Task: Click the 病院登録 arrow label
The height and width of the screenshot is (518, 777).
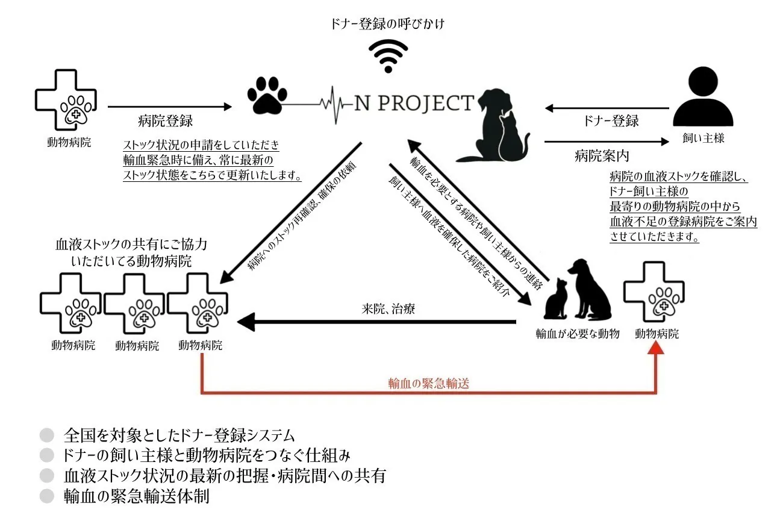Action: (x=165, y=120)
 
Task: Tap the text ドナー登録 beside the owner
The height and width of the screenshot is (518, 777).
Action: (x=611, y=120)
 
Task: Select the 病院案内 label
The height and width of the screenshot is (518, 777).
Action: (x=602, y=156)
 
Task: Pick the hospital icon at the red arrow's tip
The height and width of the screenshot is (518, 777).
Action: (x=654, y=293)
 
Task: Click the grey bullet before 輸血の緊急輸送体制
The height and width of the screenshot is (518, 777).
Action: (x=47, y=496)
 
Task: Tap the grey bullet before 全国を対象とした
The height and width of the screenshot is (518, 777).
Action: (x=47, y=435)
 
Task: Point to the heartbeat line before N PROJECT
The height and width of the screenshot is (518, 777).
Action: (x=334, y=104)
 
